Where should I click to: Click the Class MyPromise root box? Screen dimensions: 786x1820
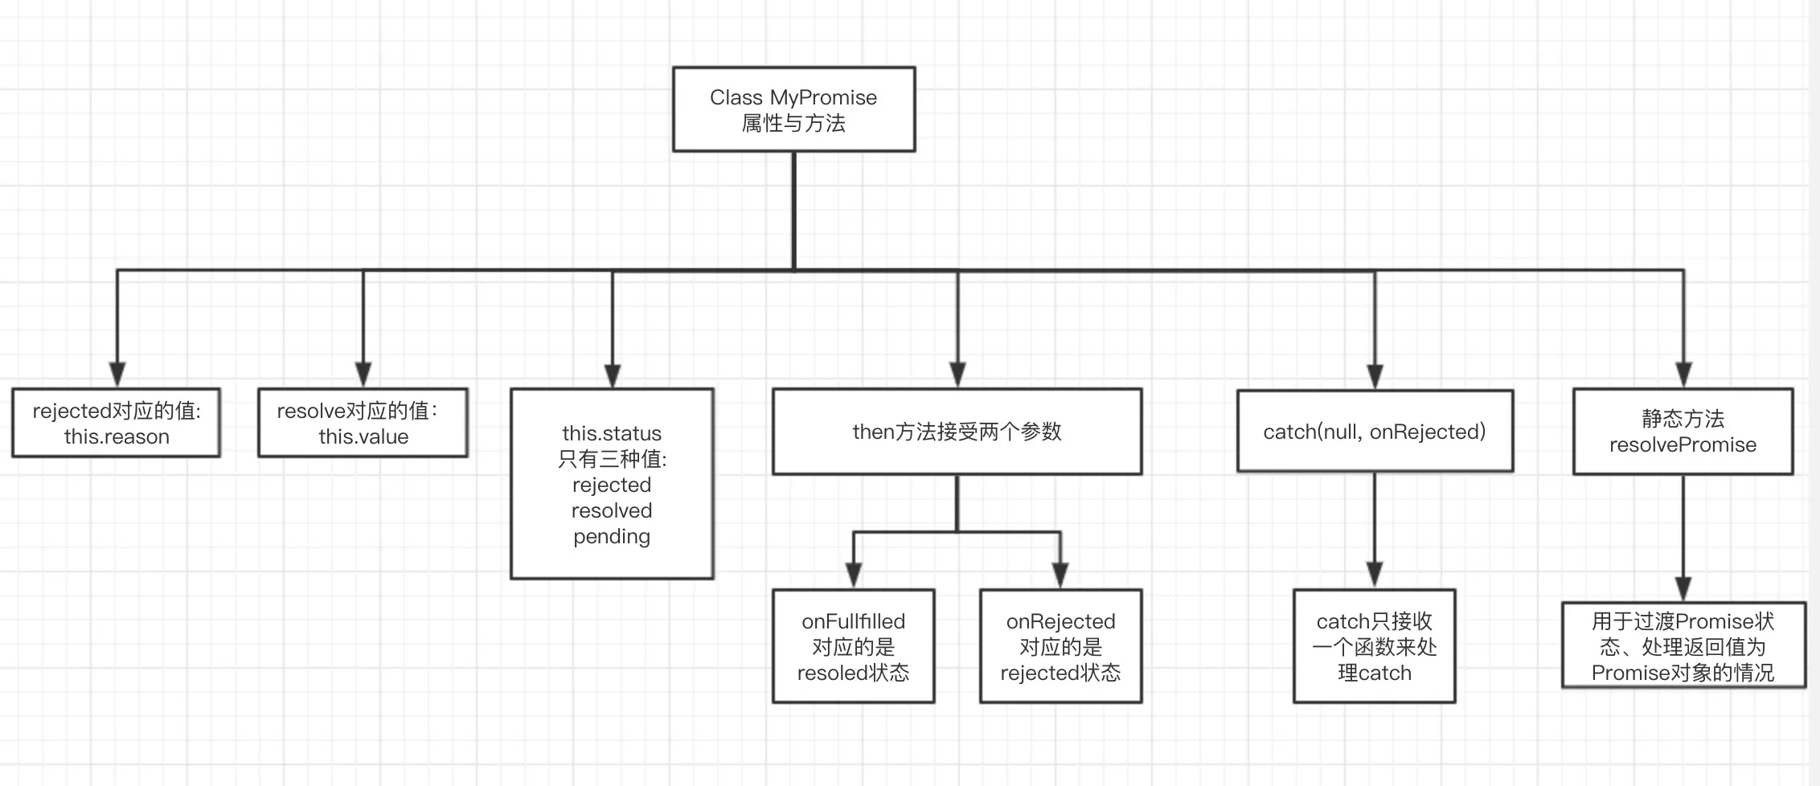click(x=793, y=109)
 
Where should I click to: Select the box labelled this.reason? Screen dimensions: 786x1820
click(x=117, y=424)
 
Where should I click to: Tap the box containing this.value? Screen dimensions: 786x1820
click(x=363, y=424)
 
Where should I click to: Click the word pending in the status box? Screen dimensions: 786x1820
click(x=612, y=536)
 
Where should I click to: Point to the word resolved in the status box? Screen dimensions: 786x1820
click(x=612, y=510)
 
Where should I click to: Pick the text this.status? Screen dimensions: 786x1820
click(x=612, y=433)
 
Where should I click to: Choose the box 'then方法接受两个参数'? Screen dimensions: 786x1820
click(x=957, y=432)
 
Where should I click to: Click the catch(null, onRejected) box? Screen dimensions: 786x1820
click(x=1375, y=432)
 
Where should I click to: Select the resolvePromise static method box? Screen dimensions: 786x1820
click(x=1683, y=432)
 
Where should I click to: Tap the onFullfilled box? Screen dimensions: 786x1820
click(x=853, y=646)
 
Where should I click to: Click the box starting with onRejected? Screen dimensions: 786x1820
click(x=1060, y=646)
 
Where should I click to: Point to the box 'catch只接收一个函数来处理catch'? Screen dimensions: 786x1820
click(x=1374, y=646)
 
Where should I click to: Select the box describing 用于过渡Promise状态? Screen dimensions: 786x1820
click(x=1683, y=646)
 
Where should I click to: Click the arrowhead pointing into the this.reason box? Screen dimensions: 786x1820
click(x=117, y=375)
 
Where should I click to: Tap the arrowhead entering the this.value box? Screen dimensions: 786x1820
click(x=363, y=375)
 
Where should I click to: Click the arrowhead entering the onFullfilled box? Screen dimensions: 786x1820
click(x=854, y=575)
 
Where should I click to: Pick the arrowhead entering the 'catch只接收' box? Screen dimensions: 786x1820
click(x=1375, y=575)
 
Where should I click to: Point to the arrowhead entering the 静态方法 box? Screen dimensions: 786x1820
click(x=1683, y=375)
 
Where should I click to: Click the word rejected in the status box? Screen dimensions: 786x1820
click(x=612, y=485)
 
